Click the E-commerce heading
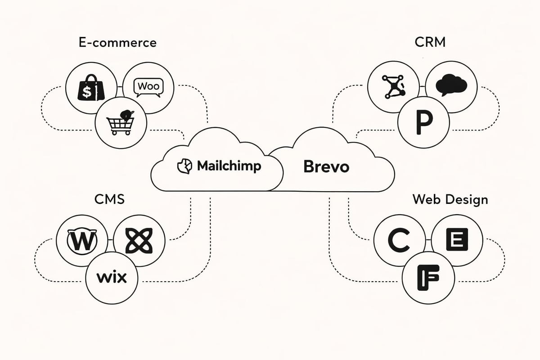click(x=117, y=43)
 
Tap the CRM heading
click(x=430, y=42)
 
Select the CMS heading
click(x=109, y=199)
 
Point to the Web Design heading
click(x=450, y=200)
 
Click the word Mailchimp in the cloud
click(x=229, y=166)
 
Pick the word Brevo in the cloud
click(x=326, y=166)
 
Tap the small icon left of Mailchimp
click(x=184, y=166)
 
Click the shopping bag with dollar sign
click(x=91, y=88)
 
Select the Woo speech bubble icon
click(x=148, y=87)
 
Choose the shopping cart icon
click(x=120, y=123)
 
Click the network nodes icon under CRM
click(x=393, y=86)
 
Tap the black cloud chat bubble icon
click(x=451, y=85)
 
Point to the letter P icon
click(x=424, y=122)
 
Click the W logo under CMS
click(x=82, y=240)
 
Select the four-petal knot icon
click(x=139, y=240)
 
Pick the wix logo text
click(x=112, y=277)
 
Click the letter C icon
click(x=399, y=240)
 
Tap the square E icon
click(x=457, y=239)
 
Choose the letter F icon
click(x=428, y=278)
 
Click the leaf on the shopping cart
click(x=127, y=114)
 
